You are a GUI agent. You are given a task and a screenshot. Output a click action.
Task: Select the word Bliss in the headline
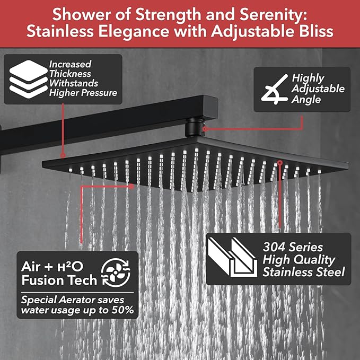[314, 31]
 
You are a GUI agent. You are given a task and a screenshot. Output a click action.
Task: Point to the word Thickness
[70, 74]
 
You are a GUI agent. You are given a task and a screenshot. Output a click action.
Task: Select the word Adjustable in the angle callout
[318, 89]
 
